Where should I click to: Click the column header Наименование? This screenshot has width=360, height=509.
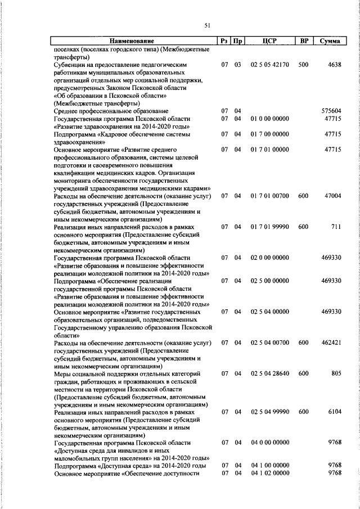[132, 41]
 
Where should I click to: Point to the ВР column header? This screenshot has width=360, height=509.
[304, 41]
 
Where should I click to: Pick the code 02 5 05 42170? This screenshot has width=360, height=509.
[270, 65]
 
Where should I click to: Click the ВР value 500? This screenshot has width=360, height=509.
[303, 65]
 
